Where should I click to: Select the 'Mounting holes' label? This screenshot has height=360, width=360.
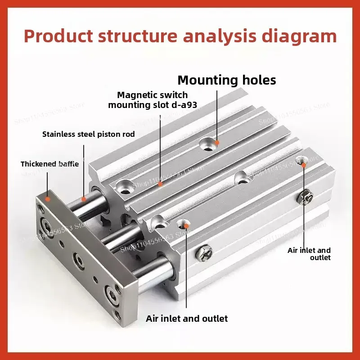(227, 80)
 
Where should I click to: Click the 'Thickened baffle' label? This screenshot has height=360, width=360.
(49, 164)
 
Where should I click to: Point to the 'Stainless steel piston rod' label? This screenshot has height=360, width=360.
(88, 134)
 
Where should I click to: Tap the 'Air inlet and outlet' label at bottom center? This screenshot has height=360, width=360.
(187, 319)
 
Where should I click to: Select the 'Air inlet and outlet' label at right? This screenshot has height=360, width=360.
(310, 254)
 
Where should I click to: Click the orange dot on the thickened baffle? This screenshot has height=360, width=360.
(48, 197)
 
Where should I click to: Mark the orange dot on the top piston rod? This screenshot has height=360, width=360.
(84, 198)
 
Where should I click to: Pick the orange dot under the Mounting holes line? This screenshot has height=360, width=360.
(216, 142)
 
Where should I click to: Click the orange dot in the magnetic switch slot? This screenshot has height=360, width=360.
(160, 184)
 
